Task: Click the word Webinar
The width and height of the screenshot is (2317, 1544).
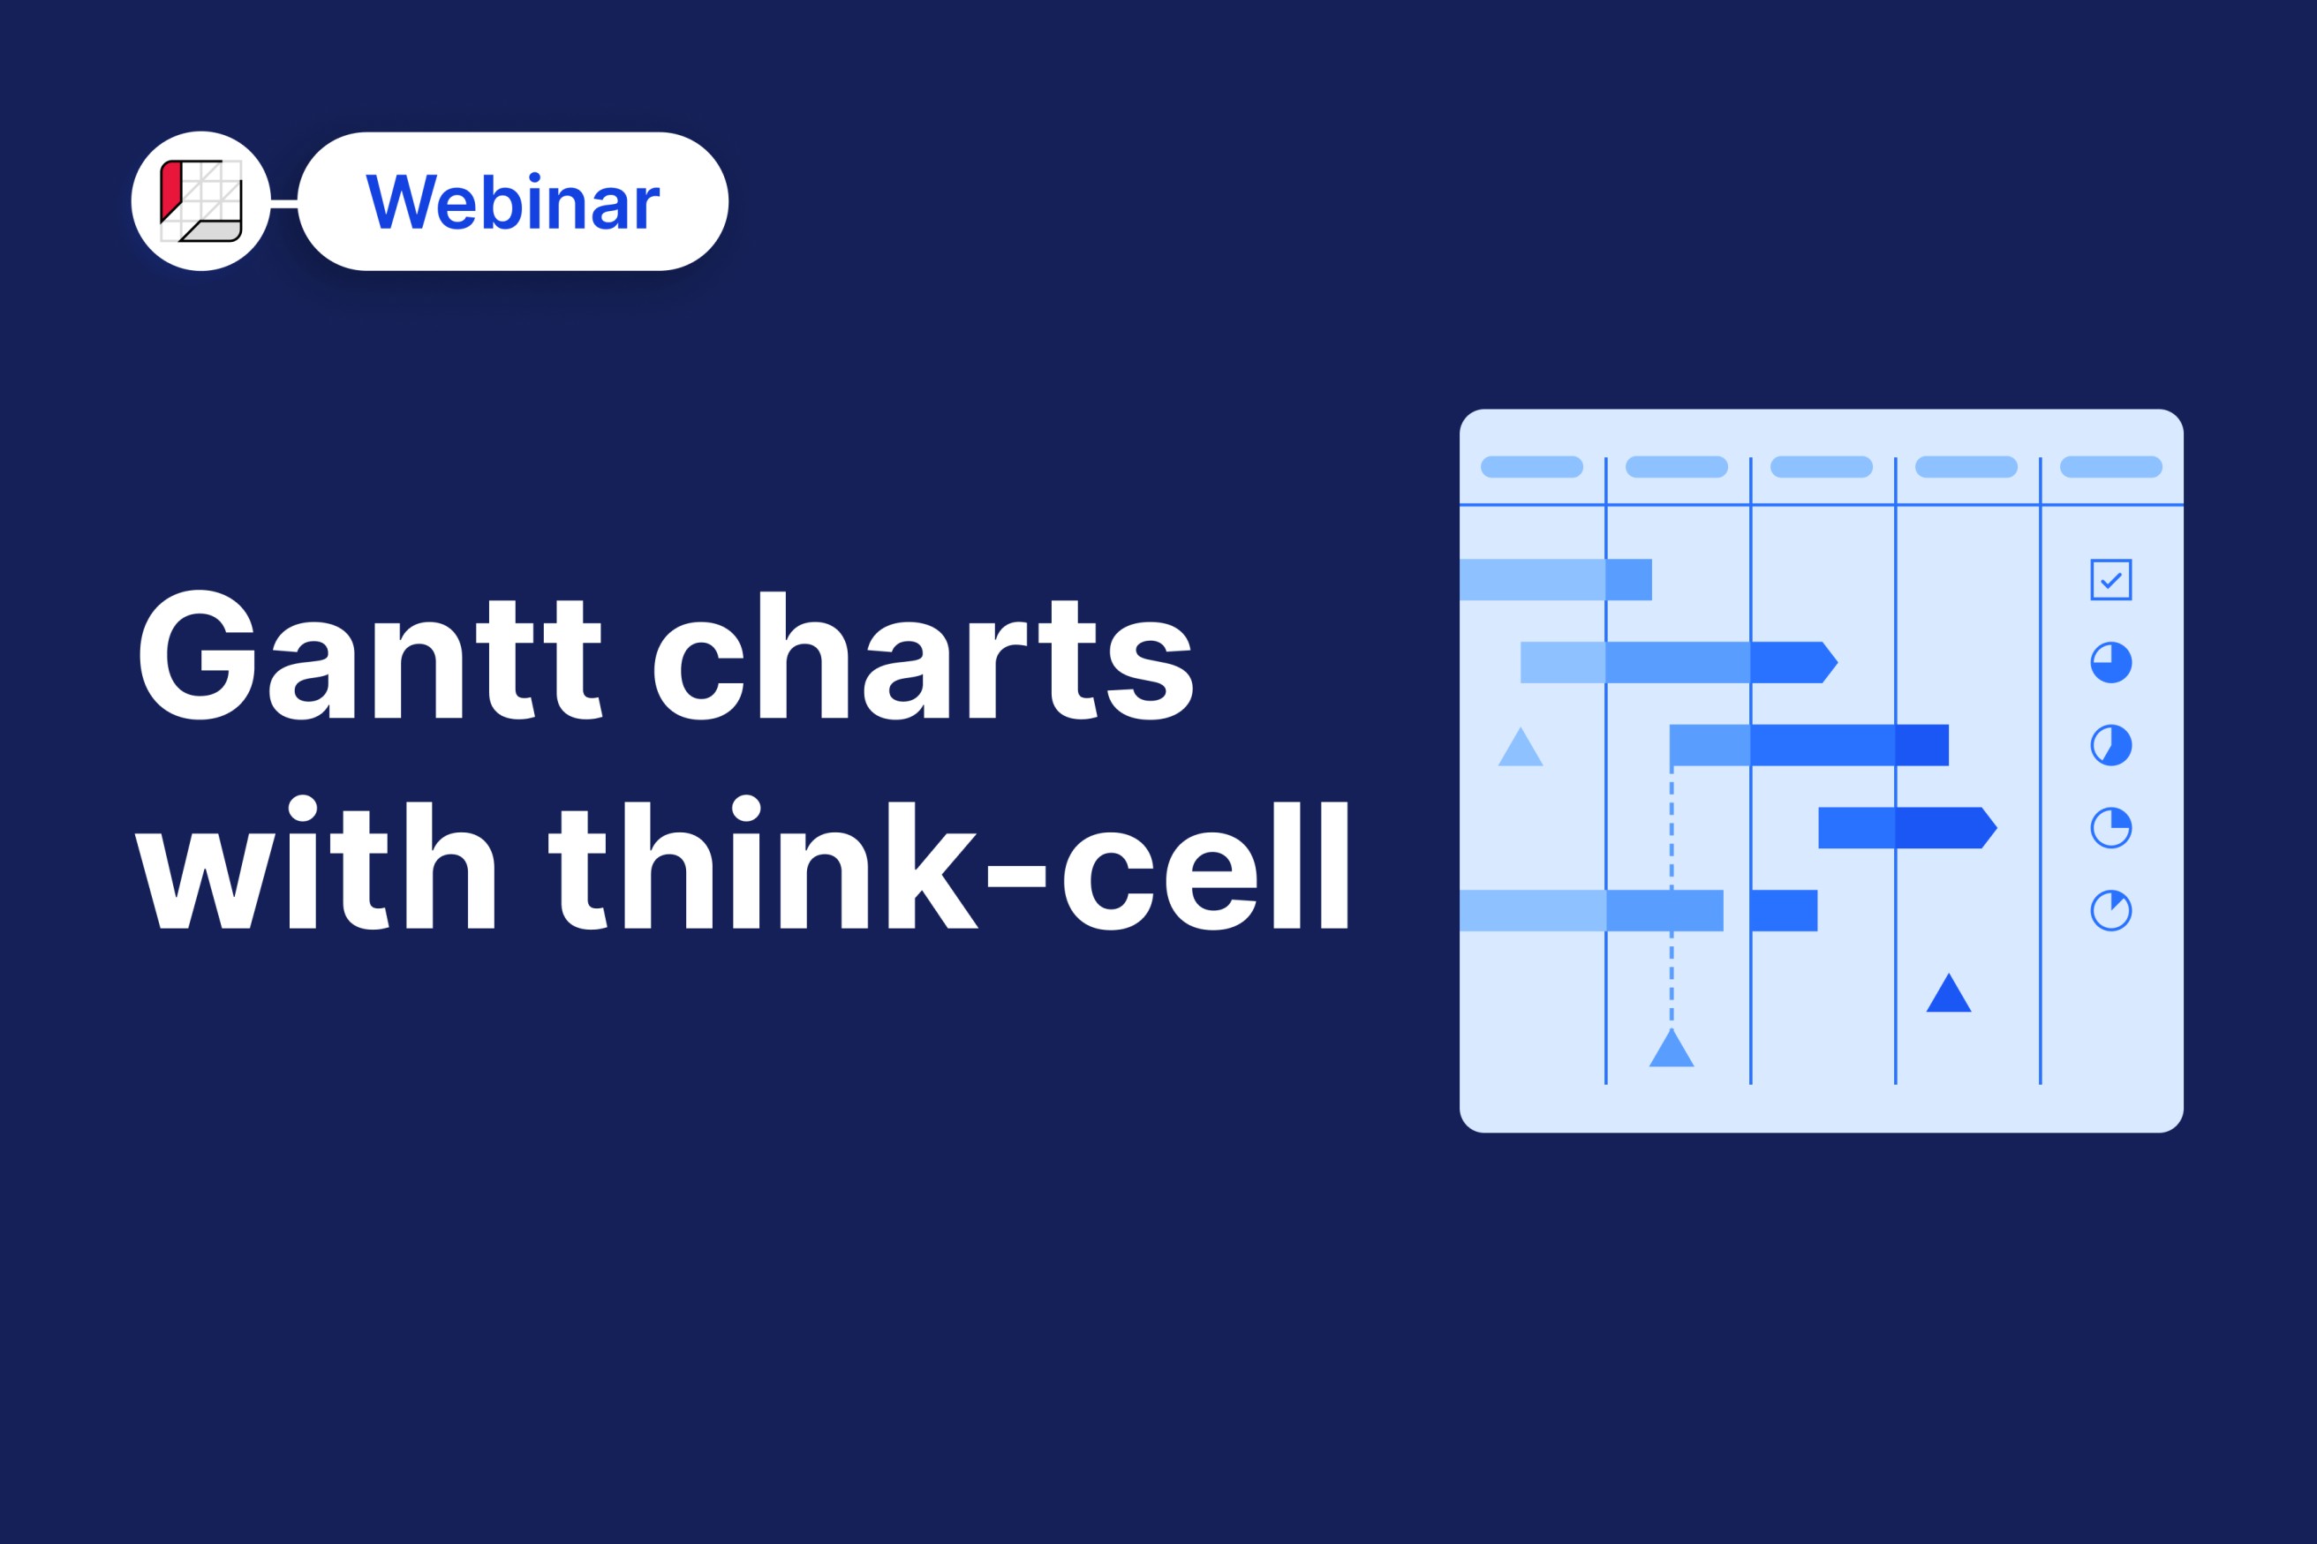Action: pyautogui.click(x=512, y=202)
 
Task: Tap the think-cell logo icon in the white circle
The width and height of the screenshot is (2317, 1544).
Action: pyautogui.click(x=200, y=201)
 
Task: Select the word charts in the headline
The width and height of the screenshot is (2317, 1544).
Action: pyautogui.click(x=924, y=655)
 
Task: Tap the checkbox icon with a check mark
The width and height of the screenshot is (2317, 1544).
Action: pyautogui.click(x=2111, y=579)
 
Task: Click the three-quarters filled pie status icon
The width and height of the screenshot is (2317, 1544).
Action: pyautogui.click(x=2111, y=662)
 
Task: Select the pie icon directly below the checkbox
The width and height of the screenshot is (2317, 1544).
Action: pyautogui.click(x=2111, y=662)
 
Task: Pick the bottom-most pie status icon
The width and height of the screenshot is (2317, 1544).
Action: pyautogui.click(x=2111, y=910)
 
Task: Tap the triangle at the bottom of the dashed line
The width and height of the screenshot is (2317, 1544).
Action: pyautogui.click(x=1671, y=1050)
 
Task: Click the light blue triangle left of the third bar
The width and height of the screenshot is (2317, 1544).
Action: pyautogui.click(x=1521, y=748)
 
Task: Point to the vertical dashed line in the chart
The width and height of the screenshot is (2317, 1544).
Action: pyautogui.click(x=1671, y=897)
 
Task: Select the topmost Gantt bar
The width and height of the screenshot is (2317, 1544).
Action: pyautogui.click(x=1556, y=579)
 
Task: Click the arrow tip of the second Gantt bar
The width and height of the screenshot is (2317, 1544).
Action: pyautogui.click(x=1838, y=662)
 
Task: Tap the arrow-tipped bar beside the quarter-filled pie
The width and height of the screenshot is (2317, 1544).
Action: pyautogui.click(x=1907, y=827)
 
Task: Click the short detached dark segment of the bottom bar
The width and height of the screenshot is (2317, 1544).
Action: pyautogui.click(x=1785, y=910)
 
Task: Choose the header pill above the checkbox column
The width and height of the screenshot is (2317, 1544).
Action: pyautogui.click(x=2111, y=467)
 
